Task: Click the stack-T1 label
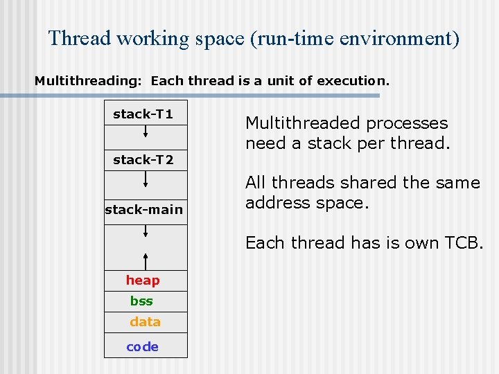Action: pos(143,114)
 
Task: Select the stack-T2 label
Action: pos(143,160)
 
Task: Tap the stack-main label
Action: pos(144,209)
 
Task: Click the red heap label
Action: pos(143,280)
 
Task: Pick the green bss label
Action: pos(141,301)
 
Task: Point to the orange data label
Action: pos(145,322)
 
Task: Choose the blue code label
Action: pos(143,347)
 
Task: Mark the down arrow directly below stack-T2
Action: pos(146,181)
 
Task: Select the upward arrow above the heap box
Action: pos(146,260)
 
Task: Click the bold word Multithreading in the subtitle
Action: pos(87,81)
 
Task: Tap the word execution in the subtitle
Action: pos(353,81)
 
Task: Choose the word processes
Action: pos(407,123)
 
